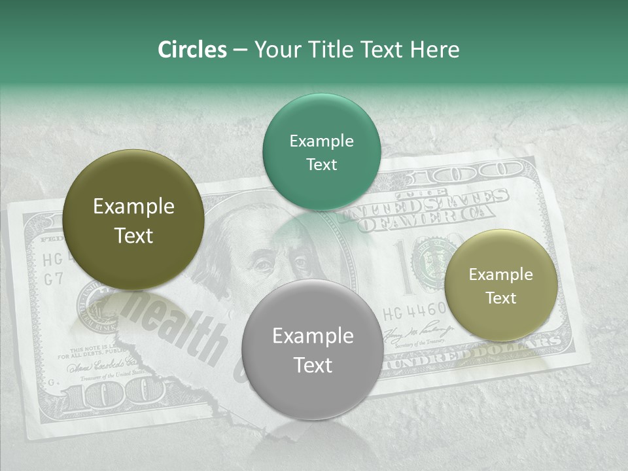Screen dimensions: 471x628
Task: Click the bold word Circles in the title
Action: tap(192, 50)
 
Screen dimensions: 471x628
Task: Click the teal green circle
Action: tap(321, 152)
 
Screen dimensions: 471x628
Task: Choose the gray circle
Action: tap(313, 350)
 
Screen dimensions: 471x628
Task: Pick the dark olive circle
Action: tap(133, 220)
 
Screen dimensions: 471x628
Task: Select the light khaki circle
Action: tap(501, 285)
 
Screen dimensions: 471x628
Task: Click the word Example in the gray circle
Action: tap(313, 336)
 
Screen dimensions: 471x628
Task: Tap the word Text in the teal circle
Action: tap(321, 165)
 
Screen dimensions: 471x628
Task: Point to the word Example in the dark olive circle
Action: tap(133, 207)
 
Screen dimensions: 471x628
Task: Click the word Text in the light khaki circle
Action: tap(501, 298)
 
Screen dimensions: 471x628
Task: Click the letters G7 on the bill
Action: tap(52, 279)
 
